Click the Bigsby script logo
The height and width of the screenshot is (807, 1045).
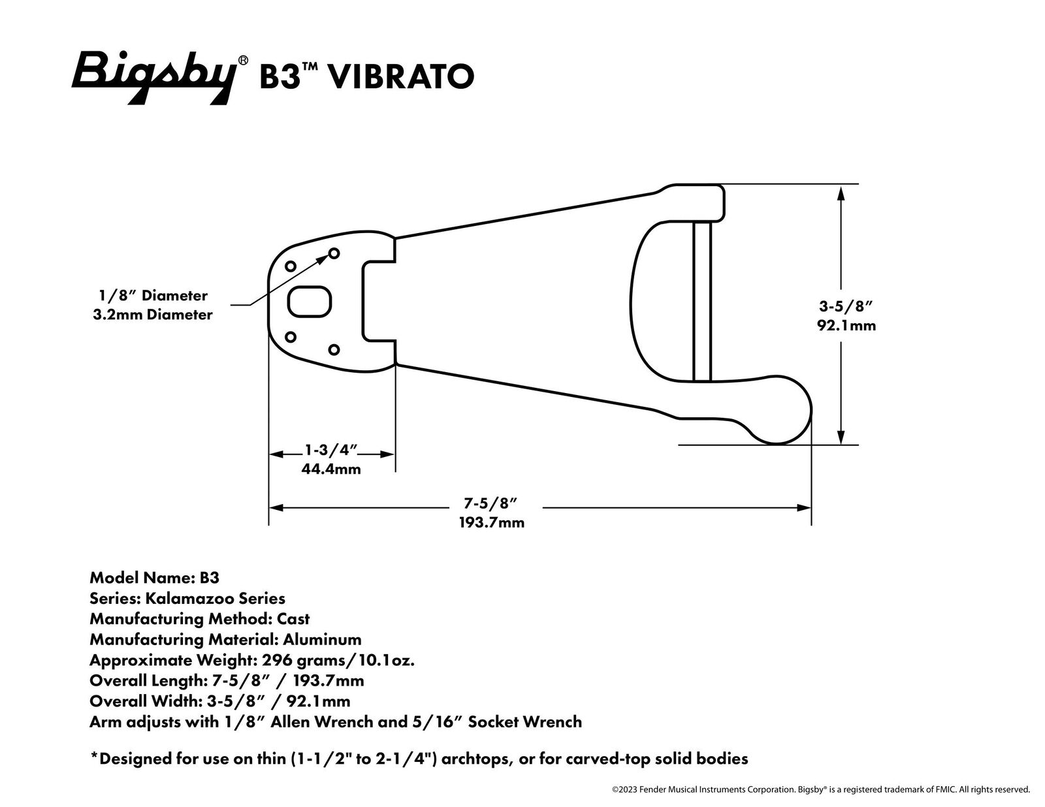pos(155,77)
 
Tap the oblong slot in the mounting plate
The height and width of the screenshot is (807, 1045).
pos(309,302)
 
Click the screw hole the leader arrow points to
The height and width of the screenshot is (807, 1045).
pos(334,253)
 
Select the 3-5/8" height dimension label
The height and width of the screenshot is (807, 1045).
pos(846,306)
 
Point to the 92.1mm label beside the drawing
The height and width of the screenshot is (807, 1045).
pos(846,325)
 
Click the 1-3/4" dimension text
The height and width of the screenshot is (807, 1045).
pos(331,450)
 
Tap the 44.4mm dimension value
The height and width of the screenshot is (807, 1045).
pos(331,469)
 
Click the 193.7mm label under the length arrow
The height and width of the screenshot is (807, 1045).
pos(492,522)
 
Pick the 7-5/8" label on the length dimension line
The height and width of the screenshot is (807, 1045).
pos(490,503)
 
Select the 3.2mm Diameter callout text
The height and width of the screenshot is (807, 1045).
pos(152,314)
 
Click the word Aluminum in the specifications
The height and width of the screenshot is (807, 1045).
pos(322,639)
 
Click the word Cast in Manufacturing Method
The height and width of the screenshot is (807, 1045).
pos(293,618)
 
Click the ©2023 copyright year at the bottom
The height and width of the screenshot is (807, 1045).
pos(625,789)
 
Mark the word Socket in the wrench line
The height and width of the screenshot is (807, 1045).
pos(495,721)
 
